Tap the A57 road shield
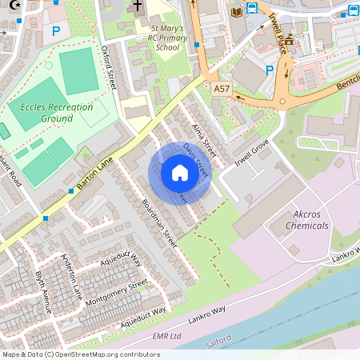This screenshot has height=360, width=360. point(222,90)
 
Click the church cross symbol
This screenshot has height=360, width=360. point(137,7)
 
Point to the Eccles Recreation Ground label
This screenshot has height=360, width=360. point(56,113)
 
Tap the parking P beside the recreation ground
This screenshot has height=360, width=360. point(55,32)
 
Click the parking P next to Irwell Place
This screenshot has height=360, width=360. point(270,70)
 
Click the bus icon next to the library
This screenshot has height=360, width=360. point(252,10)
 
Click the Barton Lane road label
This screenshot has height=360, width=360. point(96,173)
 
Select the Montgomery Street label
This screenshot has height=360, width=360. point(116,290)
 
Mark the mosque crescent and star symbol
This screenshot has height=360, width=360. point(5,5)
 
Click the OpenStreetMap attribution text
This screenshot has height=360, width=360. point(81,354)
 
